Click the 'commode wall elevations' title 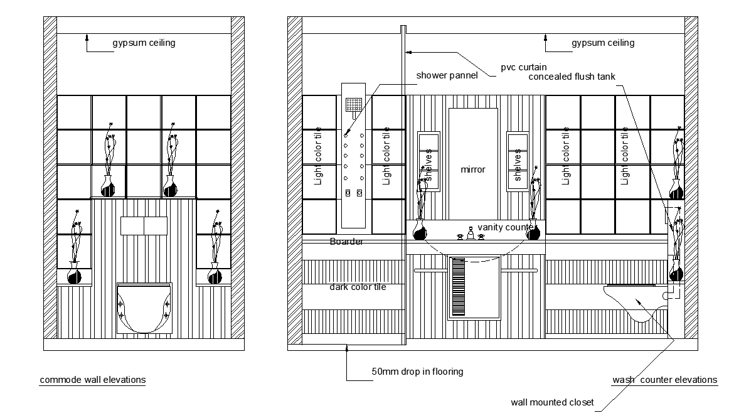[x=93, y=380]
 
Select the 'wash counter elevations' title [x=665, y=380]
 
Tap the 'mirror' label [x=473, y=169]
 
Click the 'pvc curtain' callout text [x=524, y=67]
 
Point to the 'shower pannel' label [x=447, y=75]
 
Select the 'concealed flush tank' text [x=572, y=77]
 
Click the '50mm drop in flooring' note [x=418, y=372]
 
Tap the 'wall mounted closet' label [x=552, y=402]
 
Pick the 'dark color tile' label [x=358, y=287]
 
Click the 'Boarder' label [x=346, y=242]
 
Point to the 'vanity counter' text [x=506, y=228]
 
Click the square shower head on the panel [x=353, y=105]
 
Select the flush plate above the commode [x=144, y=226]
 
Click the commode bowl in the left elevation [x=144, y=308]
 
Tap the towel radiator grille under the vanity [x=459, y=287]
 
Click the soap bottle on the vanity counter [x=471, y=233]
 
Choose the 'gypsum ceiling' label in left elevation [x=144, y=43]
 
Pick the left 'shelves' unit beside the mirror [x=428, y=161]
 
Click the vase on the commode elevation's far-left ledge [x=75, y=273]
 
